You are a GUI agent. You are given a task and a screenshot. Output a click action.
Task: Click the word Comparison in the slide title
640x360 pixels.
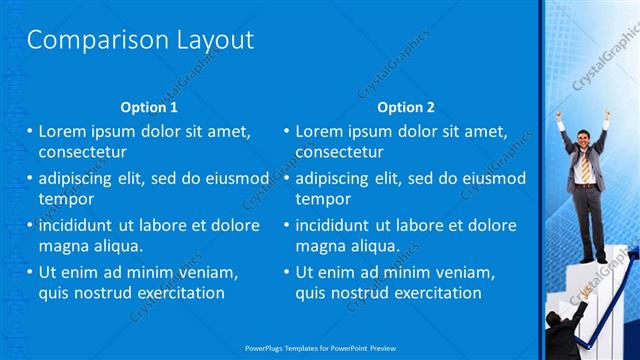[83, 41]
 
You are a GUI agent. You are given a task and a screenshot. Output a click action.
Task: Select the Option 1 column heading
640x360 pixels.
[149, 107]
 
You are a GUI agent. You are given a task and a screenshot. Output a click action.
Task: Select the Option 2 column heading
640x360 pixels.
[406, 107]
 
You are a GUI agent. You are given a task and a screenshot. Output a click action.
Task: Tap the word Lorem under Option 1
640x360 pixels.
[62, 131]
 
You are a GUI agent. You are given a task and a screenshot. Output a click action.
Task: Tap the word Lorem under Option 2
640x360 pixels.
[319, 131]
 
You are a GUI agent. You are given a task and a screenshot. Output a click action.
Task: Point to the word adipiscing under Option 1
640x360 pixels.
[79, 178]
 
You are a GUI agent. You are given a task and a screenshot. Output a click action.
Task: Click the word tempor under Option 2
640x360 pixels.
[322, 199]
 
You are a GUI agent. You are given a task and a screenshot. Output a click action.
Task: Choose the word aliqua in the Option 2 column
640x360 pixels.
[374, 246]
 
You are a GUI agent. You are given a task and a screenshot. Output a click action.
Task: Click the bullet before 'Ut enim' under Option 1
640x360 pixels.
[29, 272]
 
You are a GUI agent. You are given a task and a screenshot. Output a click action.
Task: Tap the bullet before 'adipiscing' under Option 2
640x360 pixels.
[286, 178]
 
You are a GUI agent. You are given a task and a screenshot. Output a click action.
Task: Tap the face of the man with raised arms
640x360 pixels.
[583, 136]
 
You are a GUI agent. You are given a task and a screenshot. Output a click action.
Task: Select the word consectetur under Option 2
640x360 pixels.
[339, 152]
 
